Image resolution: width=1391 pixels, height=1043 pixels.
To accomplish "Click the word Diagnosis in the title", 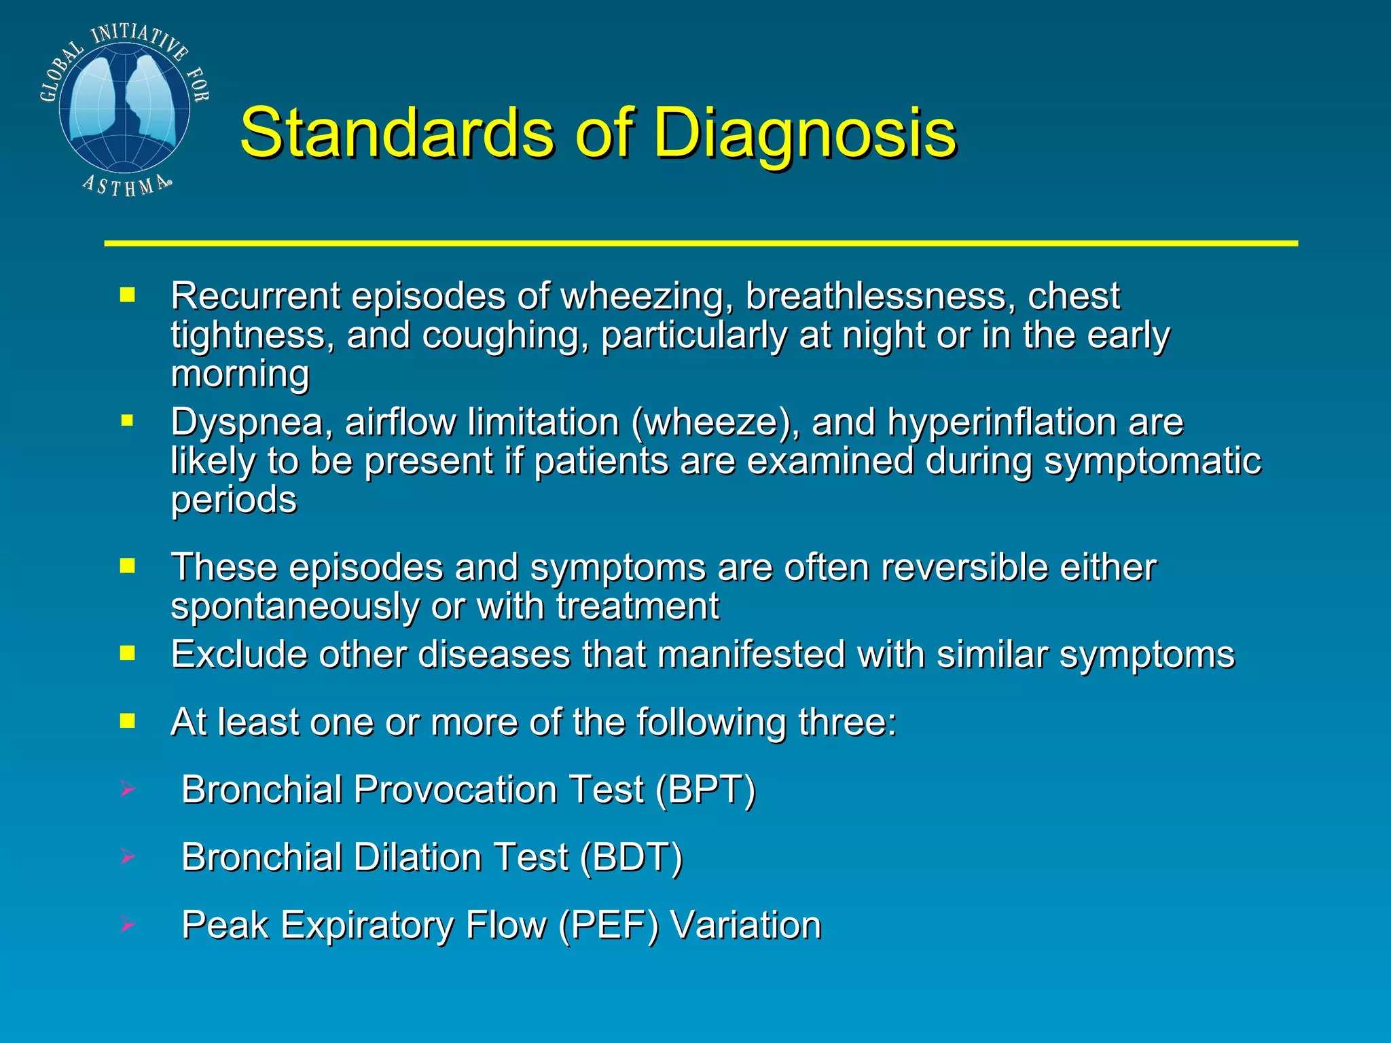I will pos(805,133).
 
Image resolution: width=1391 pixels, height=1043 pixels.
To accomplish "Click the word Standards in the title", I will pos(397,133).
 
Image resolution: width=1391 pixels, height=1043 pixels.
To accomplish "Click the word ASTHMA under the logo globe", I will pos(126,185).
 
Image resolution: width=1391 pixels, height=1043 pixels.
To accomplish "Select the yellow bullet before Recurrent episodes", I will pos(127,295).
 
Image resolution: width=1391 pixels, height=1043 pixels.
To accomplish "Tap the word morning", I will pos(240,374).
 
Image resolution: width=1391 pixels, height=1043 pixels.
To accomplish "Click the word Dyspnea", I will pos(251,423).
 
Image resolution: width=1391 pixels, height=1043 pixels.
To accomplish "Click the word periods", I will pos(234,500).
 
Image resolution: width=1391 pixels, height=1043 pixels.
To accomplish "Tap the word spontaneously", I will pos(295,606).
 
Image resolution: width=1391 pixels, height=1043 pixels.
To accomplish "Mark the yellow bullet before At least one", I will pos(127,720).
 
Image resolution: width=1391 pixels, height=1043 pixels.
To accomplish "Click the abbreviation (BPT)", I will pos(705,790).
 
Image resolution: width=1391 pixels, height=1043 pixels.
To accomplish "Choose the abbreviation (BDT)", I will pos(631,858).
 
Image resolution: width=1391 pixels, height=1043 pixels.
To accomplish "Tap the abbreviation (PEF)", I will pos(608,926).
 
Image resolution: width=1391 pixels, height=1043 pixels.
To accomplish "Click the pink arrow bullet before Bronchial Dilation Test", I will pos(127,857).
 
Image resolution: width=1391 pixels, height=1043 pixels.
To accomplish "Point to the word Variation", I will pos(746,926).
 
